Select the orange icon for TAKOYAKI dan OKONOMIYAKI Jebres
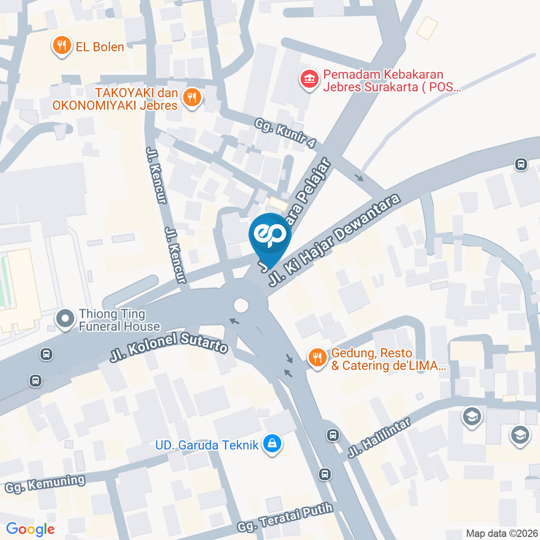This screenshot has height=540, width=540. [192, 97]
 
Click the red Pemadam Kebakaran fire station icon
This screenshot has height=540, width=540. [308, 79]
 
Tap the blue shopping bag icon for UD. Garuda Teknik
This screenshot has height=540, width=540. [273, 444]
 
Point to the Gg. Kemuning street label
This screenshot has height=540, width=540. [45, 484]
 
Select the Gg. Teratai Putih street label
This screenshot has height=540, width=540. [285, 517]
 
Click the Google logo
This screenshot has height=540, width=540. [30, 529]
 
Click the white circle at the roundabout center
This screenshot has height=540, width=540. [241, 305]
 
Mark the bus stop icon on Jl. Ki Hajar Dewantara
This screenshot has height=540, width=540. [520, 164]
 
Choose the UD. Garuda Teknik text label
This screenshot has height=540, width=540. [207, 445]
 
